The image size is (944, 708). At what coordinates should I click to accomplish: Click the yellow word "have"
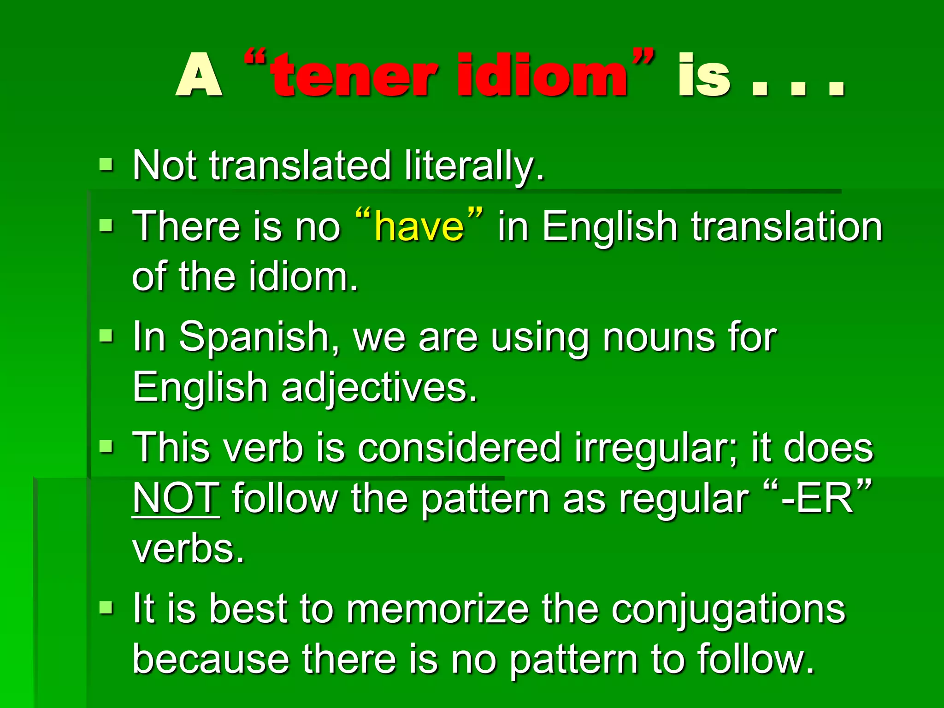click(419, 226)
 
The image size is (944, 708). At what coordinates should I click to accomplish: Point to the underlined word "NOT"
click(176, 498)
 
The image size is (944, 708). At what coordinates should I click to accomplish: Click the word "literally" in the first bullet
click(474, 166)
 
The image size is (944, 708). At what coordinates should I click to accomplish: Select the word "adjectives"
click(379, 388)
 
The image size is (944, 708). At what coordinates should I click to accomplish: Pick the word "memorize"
click(437, 609)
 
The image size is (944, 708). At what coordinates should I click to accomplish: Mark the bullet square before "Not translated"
click(106, 165)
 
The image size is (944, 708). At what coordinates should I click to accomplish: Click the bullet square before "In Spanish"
click(106, 336)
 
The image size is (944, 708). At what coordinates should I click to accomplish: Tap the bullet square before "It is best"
click(106, 608)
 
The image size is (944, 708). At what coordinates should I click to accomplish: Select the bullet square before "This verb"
click(106, 447)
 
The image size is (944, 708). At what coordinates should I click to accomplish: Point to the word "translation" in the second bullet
click(786, 226)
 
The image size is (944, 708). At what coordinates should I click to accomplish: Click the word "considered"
click(459, 448)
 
